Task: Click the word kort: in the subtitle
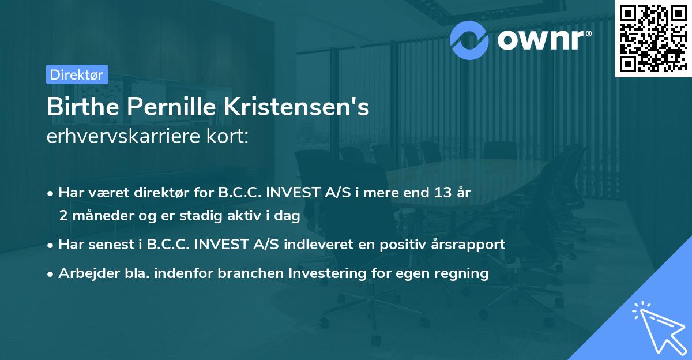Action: (x=229, y=137)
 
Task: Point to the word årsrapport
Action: (x=472, y=244)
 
